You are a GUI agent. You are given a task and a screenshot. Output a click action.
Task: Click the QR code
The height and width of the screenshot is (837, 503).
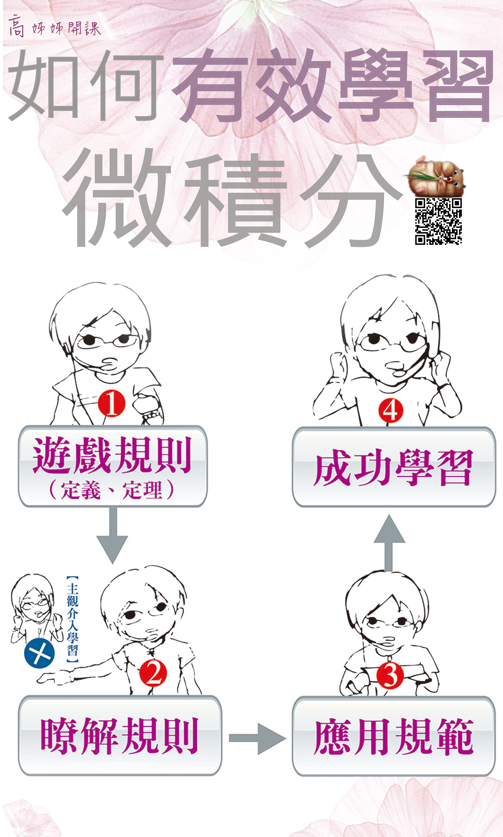click(x=438, y=221)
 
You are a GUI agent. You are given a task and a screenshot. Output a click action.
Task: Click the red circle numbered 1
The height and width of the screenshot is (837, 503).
click(x=111, y=404)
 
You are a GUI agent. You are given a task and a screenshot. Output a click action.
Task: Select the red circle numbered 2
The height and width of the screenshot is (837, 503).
click(x=153, y=673)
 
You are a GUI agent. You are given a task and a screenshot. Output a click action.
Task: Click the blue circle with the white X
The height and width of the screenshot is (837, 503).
click(x=39, y=653)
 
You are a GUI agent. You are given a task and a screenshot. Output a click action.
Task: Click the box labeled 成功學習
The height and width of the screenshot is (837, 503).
click(x=394, y=467)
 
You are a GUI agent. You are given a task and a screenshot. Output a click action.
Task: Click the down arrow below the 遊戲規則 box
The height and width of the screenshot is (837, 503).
click(x=112, y=536)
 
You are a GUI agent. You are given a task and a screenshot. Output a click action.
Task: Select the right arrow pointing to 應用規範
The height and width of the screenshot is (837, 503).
click(x=258, y=738)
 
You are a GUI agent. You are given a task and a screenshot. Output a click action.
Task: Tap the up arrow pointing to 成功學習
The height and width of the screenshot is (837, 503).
click(x=390, y=543)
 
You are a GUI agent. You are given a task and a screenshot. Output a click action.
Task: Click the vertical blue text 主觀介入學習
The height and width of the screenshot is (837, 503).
click(x=72, y=619)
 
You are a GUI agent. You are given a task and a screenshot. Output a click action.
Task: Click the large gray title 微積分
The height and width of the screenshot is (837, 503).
click(x=232, y=198)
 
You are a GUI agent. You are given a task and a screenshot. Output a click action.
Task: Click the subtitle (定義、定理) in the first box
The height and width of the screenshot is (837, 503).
click(x=112, y=490)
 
